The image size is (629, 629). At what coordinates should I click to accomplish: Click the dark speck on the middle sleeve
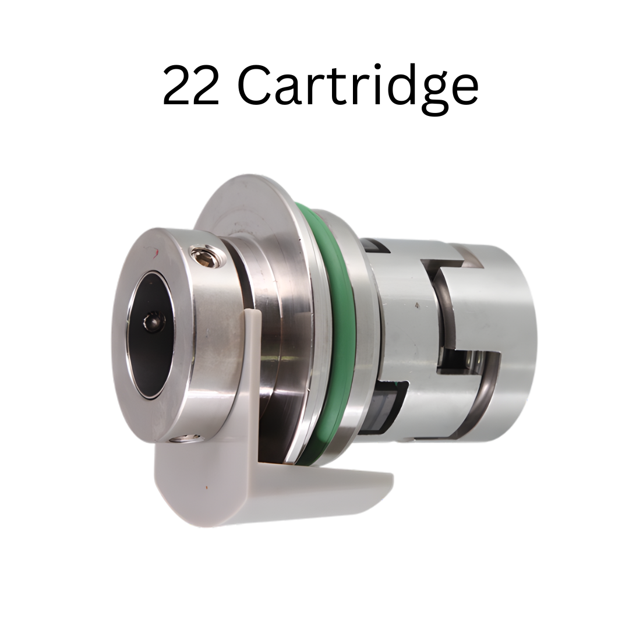(416, 304)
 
